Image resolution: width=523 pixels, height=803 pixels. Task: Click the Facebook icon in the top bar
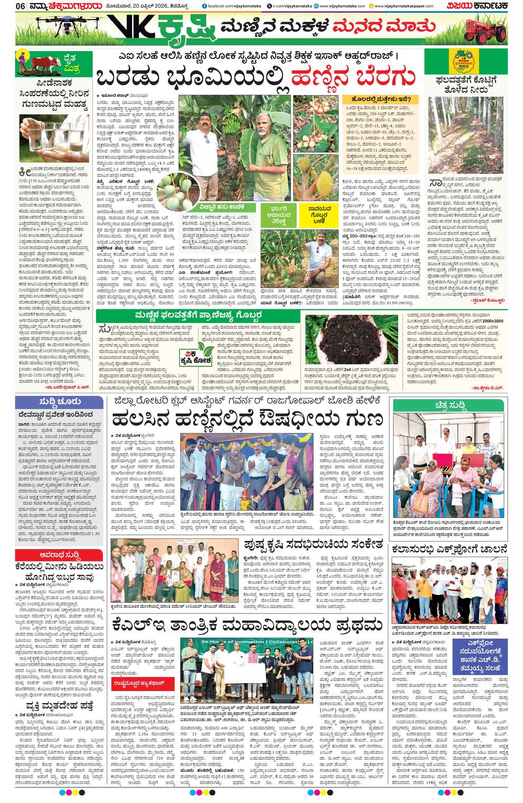pyautogui.click(x=204, y=6)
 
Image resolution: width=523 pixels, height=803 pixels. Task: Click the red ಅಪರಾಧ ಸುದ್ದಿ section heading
pyautogui.click(x=59, y=555)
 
